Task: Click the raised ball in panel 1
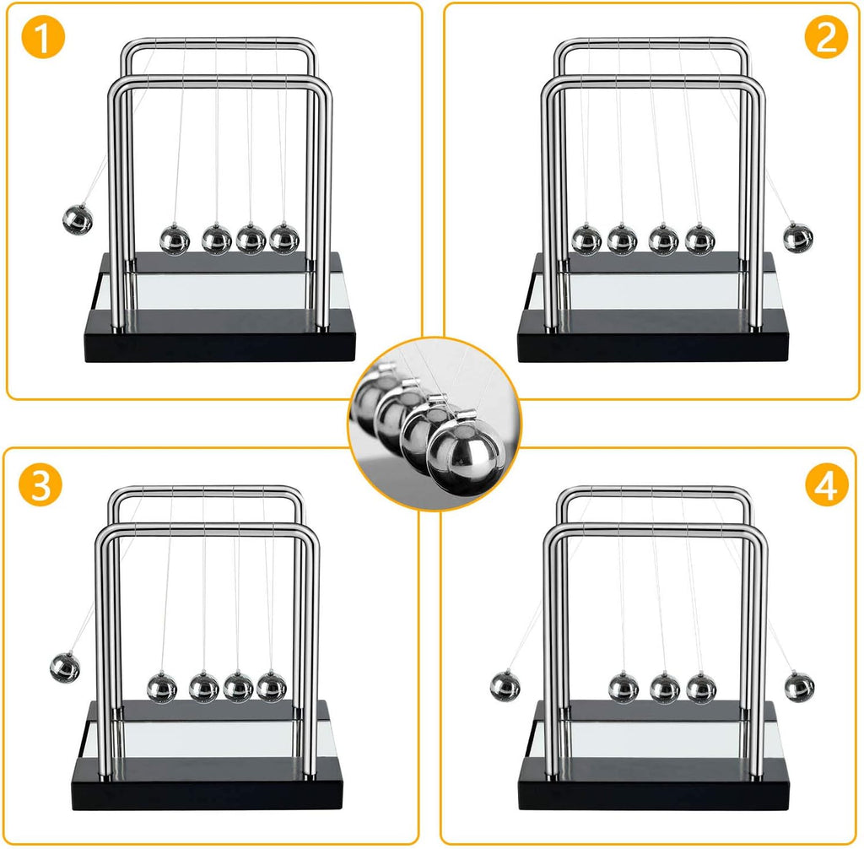pyautogui.click(x=78, y=221)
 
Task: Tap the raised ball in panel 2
pyautogui.click(x=797, y=237)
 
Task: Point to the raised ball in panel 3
pyautogui.click(x=65, y=667)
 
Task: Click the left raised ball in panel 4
pyautogui.click(x=505, y=685)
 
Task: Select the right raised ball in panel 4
pyautogui.click(x=799, y=687)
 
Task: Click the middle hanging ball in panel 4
pyautogui.click(x=664, y=688)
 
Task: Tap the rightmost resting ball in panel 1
pyautogui.click(x=284, y=239)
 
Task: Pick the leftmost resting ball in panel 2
pyautogui.click(x=586, y=240)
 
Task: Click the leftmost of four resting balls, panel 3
pyautogui.click(x=162, y=688)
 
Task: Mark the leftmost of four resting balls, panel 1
pyautogui.click(x=175, y=240)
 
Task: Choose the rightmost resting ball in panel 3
pyautogui.click(x=271, y=688)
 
